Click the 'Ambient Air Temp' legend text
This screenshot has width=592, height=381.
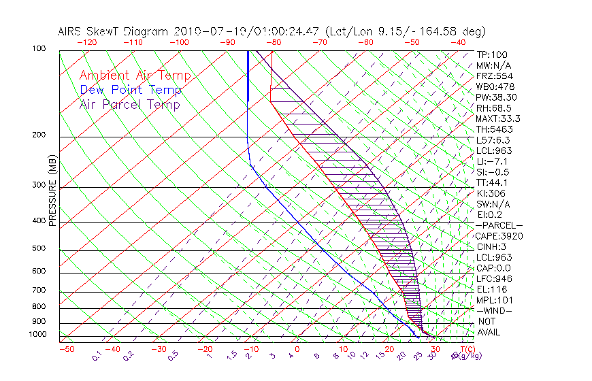[135, 76]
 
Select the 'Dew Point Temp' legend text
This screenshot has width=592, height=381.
[131, 90]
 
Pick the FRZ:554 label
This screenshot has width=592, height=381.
[493, 76]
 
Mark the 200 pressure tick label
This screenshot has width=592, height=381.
[39, 135]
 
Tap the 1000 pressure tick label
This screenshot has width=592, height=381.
[37, 334]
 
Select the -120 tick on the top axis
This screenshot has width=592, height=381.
[84, 42]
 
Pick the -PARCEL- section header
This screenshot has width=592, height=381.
[499, 225]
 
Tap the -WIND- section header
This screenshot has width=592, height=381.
[495, 310]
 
